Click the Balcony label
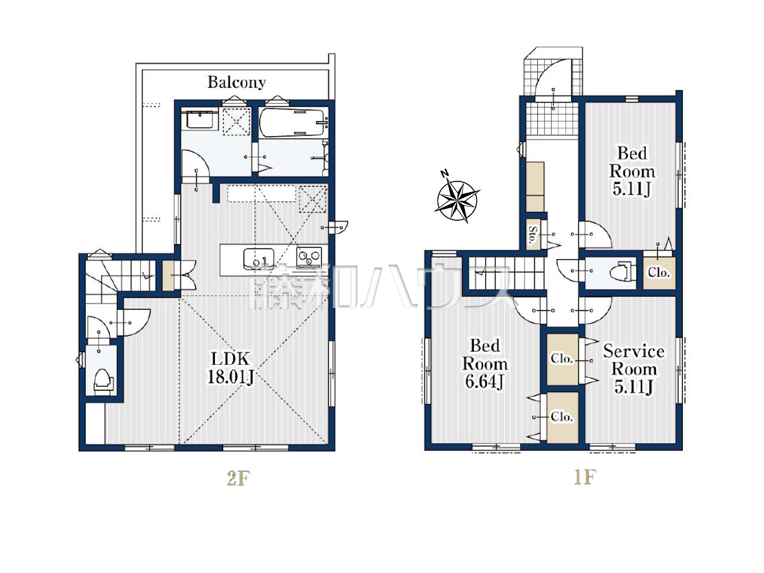pos(237,82)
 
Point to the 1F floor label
pos(585,478)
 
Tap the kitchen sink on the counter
pos(258,258)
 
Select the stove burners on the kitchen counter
pos(309,257)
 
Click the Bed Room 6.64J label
pos(485,363)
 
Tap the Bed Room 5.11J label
pos(632,171)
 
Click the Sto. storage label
pos(532,234)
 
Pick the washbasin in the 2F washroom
pos(200,120)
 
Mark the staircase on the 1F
pos(506,273)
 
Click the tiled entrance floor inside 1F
pos(552,120)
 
